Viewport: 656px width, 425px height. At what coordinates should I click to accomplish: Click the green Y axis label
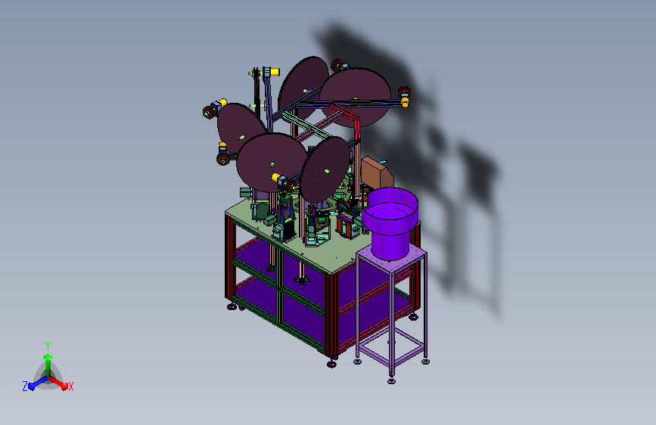point(48,346)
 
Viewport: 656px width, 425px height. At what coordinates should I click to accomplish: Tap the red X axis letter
point(70,386)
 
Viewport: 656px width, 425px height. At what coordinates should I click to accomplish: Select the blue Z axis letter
point(25,386)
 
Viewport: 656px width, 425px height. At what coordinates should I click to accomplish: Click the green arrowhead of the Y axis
point(48,357)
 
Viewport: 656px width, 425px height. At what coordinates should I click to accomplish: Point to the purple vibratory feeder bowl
point(390,222)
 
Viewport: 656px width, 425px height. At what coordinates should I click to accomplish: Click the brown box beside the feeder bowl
point(378,172)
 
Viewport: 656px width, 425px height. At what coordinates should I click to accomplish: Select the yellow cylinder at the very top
point(275,72)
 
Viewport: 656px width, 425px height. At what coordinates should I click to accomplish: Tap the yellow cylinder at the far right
point(405,101)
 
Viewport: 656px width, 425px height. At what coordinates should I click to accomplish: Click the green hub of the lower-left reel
point(241,137)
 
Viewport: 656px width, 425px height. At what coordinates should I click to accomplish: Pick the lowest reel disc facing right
point(325,169)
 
